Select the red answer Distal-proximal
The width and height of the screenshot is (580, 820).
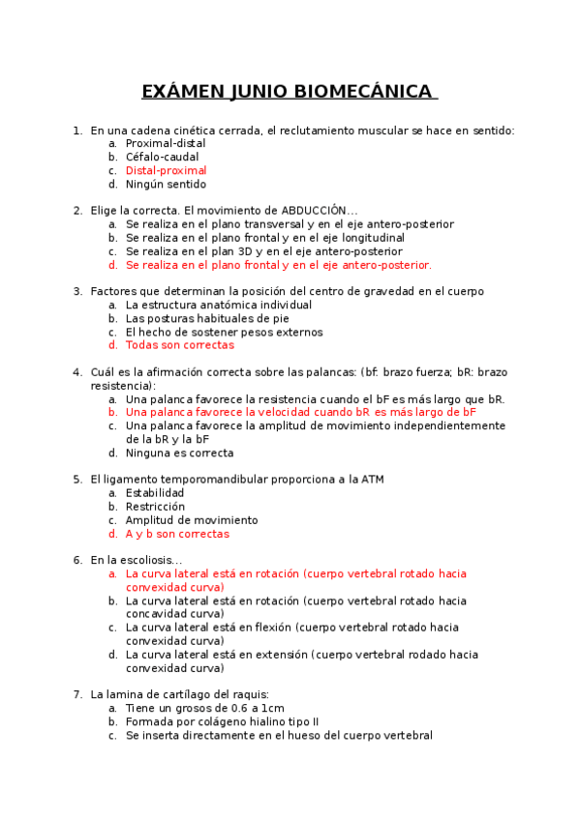[x=166, y=171]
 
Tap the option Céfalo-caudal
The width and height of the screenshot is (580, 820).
[x=162, y=158]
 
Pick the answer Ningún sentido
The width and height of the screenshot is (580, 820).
[x=166, y=185]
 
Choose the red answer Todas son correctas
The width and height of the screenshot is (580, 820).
[x=179, y=345]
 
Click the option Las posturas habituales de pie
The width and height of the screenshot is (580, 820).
[x=207, y=318]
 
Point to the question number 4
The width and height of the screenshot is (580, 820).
[x=76, y=372]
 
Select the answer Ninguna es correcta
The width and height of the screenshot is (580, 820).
[x=179, y=453]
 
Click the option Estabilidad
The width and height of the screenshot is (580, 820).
[x=155, y=493]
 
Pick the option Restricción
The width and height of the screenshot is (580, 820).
[x=155, y=507]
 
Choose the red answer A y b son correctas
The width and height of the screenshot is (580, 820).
[x=177, y=534]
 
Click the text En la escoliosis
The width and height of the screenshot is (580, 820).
[x=136, y=560]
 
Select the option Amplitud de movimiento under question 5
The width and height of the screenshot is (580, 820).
[x=192, y=520]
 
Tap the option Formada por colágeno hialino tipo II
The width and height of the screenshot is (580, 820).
[x=222, y=721]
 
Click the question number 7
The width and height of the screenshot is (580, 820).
[x=76, y=694]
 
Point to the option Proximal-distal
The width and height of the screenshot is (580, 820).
[x=166, y=144]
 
